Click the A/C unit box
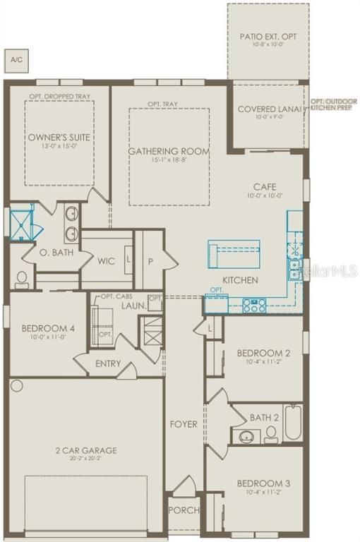pyautogui.click(x=16, y=60)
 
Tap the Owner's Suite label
pyautogui.click(x=59, y=137)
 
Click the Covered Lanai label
pyautogui.click(x=270, y=109)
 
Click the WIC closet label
pyautogui.click(x=106, y=261)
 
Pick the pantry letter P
pyautogui.click(x=150, y=261)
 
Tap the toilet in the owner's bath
pyautogui.click(x=21, y=279)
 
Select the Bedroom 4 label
pyautogui.click(x=44, y=328)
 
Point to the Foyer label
pyautogui.click(x=183, y=424)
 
